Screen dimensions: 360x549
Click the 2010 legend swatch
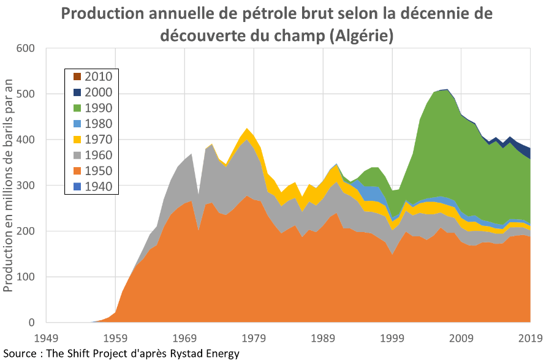coord(77,77)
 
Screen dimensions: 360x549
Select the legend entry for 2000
coord(77,92)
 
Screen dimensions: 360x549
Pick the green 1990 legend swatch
coord(77,108)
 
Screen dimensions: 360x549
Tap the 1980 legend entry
coord(77,124)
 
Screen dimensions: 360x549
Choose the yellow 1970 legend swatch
coord(77,139)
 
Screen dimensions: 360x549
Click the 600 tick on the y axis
coord(26,48)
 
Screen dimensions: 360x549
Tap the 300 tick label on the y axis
coord(26,186)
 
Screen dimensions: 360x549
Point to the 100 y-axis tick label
coord(26,277)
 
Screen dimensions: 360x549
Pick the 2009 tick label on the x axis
coord(462,337)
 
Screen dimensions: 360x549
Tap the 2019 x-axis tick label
coord(529,337)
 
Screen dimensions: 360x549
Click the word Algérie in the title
coord(361,36)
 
